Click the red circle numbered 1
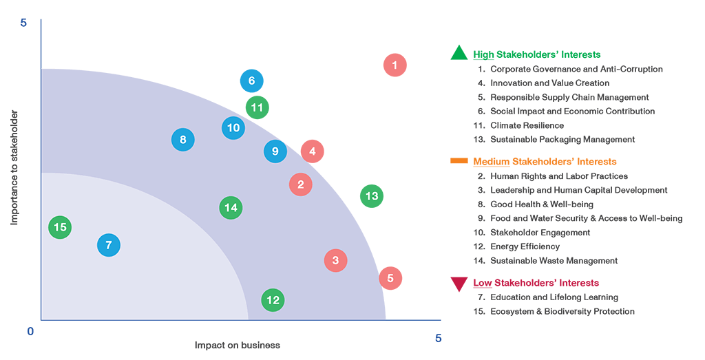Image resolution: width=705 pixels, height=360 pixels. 395,65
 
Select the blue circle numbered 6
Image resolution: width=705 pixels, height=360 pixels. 252,81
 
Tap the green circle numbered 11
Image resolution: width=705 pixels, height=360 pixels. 257,108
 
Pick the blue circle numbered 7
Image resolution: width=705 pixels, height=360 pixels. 109,245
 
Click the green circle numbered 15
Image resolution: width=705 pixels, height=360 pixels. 60,227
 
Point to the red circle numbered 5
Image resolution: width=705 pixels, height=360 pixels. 390,278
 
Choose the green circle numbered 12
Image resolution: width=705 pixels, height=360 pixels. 273,300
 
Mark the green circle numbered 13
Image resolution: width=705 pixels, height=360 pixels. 372,196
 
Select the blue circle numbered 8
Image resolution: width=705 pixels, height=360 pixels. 183,140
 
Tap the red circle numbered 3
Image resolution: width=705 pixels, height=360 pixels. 335,260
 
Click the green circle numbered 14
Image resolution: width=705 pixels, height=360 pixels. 231,208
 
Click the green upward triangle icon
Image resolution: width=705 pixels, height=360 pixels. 459,54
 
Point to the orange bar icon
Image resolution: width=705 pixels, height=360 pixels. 459,160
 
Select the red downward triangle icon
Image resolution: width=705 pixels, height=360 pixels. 459,283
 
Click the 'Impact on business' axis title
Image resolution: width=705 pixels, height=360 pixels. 238,345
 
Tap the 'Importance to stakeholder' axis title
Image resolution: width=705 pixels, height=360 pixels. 14,168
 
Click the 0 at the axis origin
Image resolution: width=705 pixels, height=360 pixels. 30,332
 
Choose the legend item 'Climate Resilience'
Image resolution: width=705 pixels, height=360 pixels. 527,125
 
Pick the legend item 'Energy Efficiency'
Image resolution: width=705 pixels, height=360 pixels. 525,246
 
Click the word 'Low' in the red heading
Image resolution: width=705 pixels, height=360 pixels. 482,283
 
